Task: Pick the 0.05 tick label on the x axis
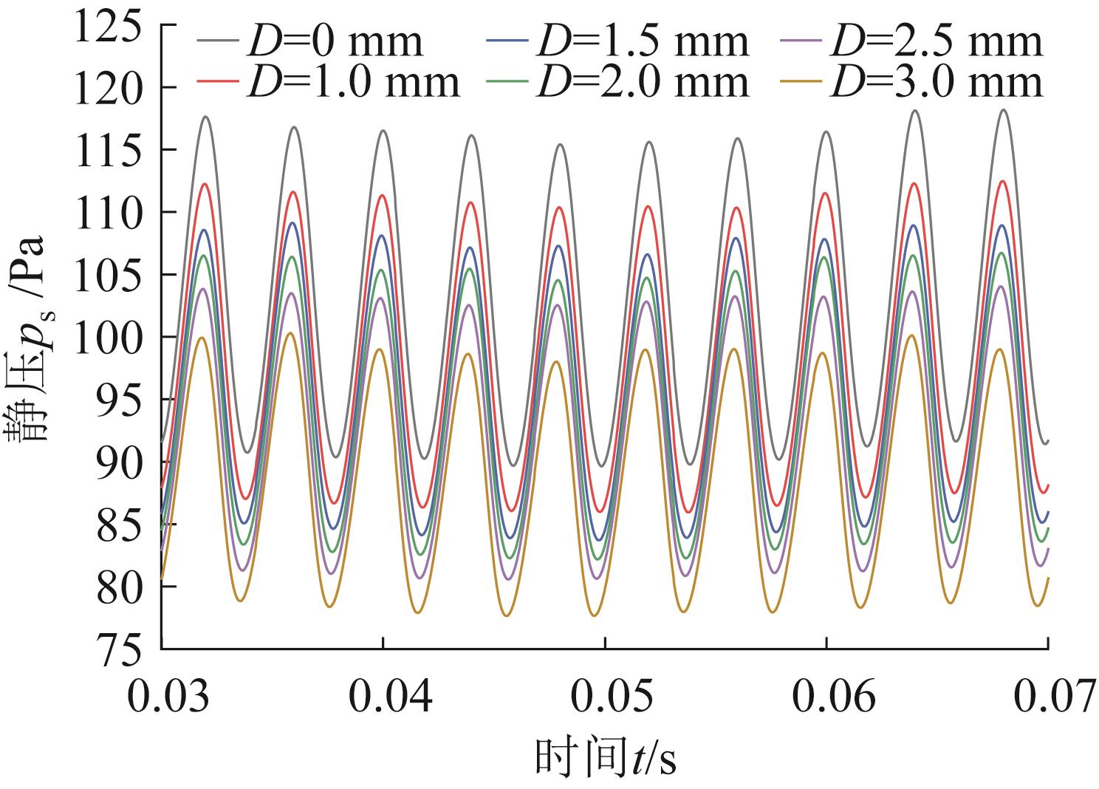point(605,697)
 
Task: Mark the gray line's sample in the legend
point(219,41)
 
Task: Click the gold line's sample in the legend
point(805,82)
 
